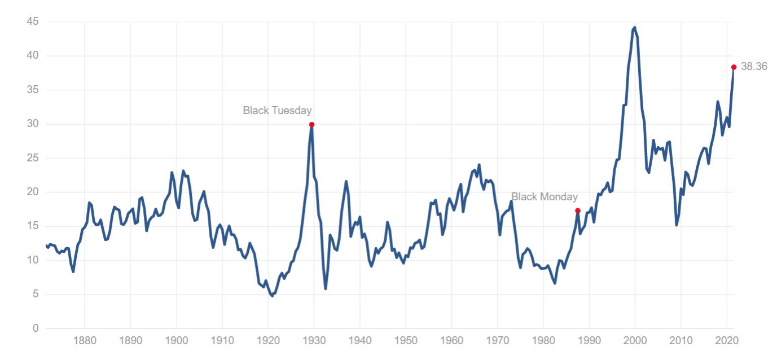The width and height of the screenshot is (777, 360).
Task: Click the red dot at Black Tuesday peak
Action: coord(311,125)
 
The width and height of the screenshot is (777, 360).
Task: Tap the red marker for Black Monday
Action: coord(577,210)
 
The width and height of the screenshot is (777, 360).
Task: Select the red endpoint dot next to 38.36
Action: coord(734,67)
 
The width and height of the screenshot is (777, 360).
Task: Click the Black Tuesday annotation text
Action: coord(277,111)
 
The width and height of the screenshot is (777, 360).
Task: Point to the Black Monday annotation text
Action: coord(544,197)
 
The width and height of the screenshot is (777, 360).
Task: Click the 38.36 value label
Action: coord(754,67)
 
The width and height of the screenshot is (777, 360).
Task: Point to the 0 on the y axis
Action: coord(34,328)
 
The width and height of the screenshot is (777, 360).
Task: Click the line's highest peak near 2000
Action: coord(635,27)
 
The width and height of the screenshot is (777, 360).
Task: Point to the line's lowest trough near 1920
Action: coord(273,296)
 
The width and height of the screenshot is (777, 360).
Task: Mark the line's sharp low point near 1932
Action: coord(326,289)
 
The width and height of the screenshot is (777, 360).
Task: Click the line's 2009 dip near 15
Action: coord(677,225)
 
